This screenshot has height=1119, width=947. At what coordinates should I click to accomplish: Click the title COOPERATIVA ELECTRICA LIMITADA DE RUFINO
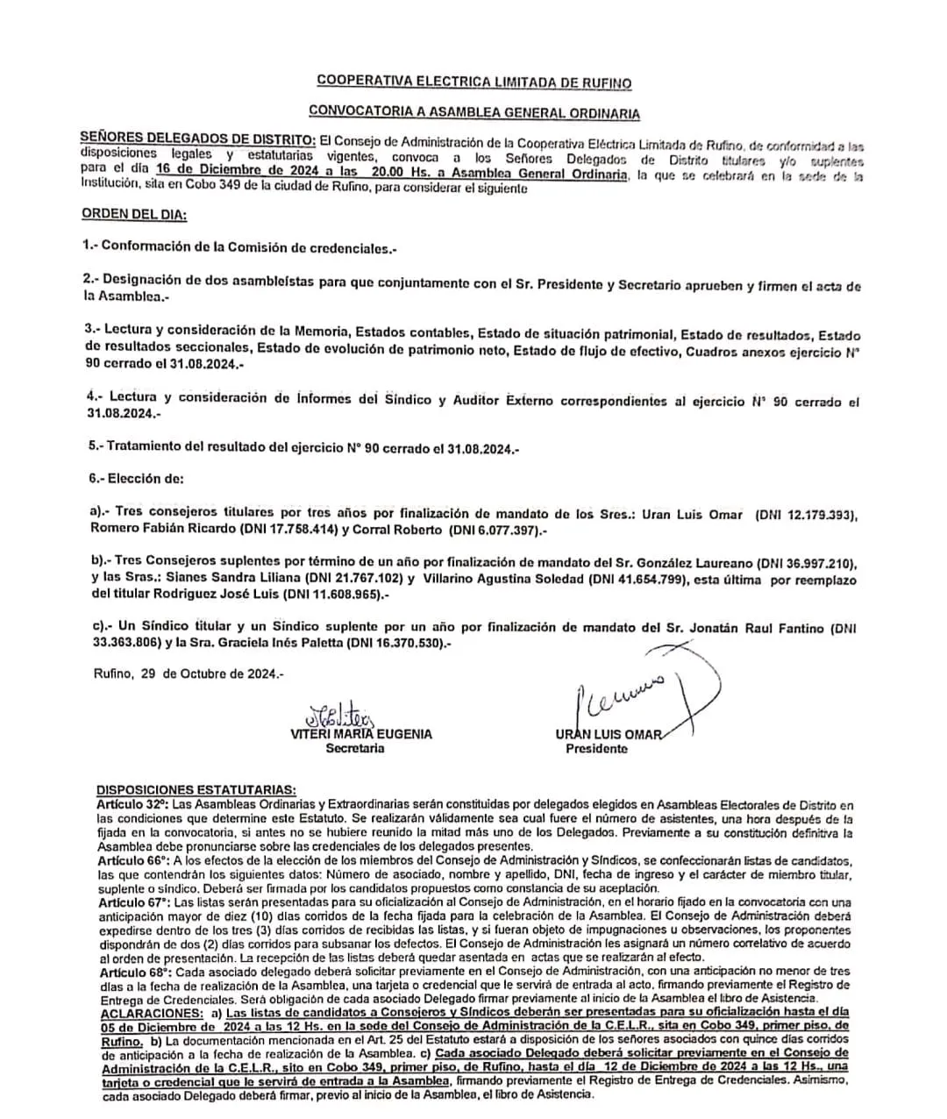(x=473, y=82)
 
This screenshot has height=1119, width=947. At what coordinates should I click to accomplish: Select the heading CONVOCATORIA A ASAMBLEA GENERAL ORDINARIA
(x=473, y=113)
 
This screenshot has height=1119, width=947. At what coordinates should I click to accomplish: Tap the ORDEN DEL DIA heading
(x=134, y=214)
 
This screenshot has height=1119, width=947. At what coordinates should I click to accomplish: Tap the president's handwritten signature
(x=631, y=693)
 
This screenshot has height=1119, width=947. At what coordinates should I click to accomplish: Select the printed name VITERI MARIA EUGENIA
(x=361, y=734)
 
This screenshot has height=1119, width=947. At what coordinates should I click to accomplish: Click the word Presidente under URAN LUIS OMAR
(x=596, y=749)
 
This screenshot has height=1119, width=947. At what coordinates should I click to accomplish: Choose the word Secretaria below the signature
(x=354, y=749)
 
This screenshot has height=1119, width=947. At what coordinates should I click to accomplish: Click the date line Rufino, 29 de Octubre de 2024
(x=189, y=674)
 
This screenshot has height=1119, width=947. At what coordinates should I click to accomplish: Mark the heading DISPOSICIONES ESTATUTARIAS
(x=196, y=789)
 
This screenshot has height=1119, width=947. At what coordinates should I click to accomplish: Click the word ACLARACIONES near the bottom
(x=149, y=1012)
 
